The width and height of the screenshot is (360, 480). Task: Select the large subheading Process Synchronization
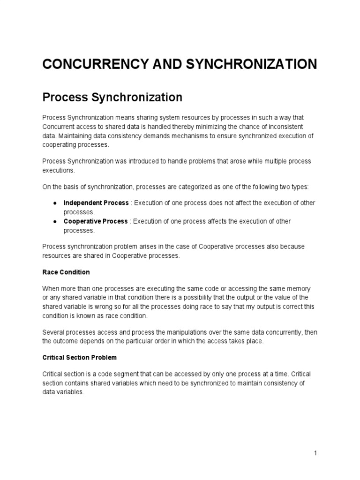tap(112, 97)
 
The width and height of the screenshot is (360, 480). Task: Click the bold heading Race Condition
tap(66, 272)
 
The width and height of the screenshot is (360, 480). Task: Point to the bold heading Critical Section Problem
tap(79, 357)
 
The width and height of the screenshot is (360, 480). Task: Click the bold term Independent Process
tap(96, 202)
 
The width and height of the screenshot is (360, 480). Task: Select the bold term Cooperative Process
tap(96, 221)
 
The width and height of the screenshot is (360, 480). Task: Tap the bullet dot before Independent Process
tap(55, 203)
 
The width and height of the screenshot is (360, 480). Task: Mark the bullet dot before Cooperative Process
tap(55, 222)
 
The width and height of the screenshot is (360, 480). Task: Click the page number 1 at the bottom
tap(316, 453)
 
